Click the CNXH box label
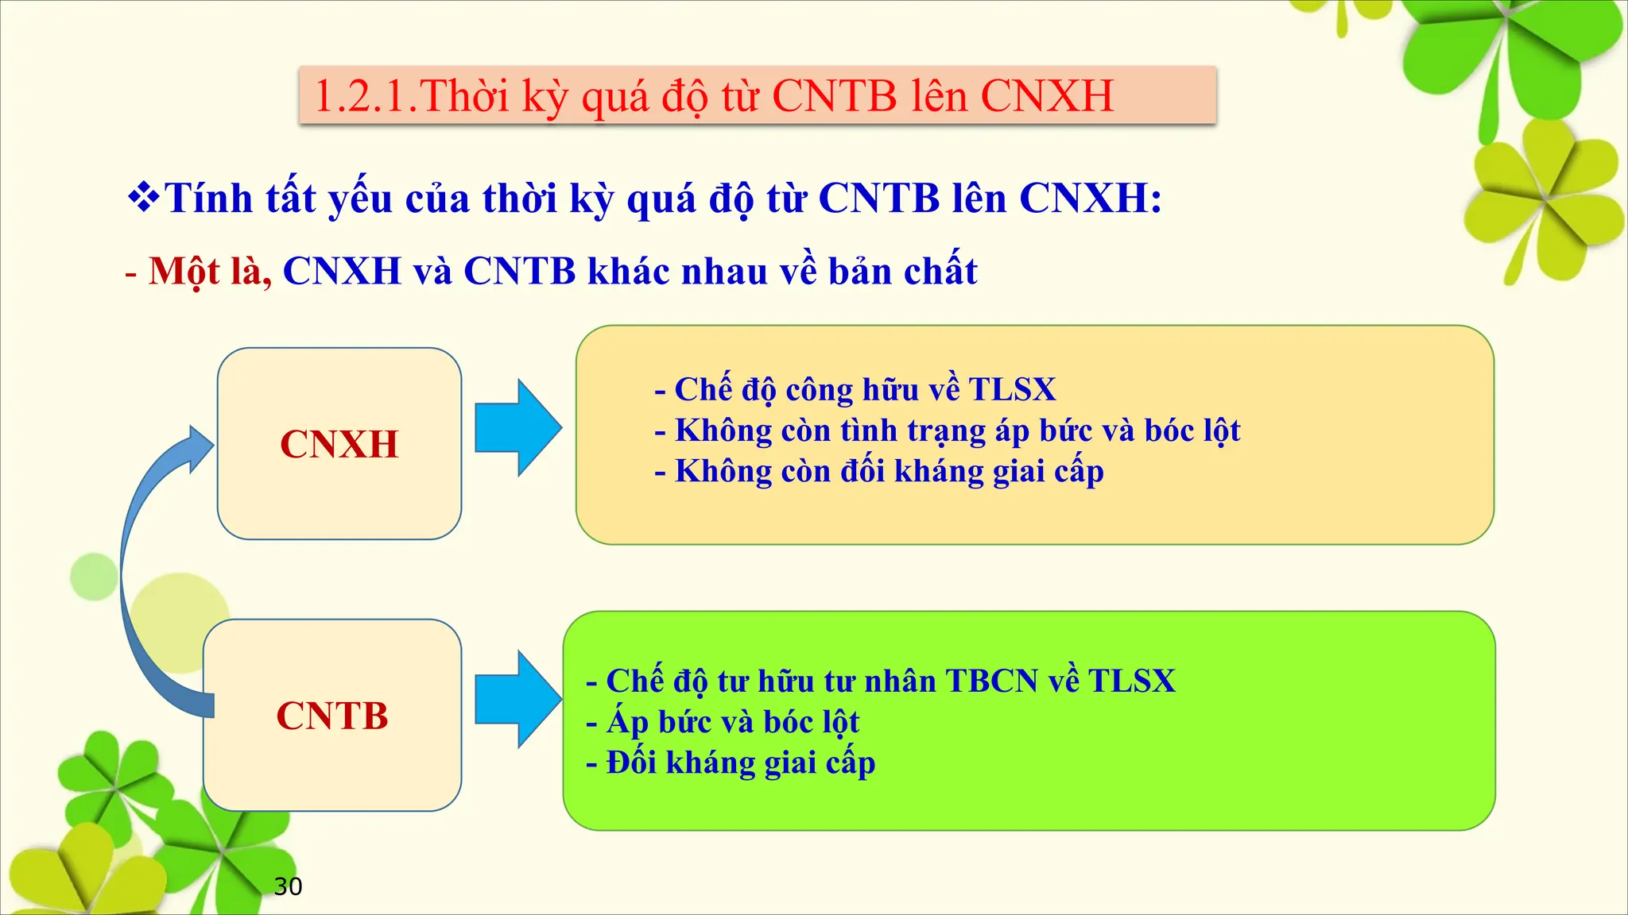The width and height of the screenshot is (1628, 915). [x=339, y=444]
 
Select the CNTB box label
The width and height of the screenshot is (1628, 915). [x=332, y=716]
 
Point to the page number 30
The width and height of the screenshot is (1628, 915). [x=288, y=886]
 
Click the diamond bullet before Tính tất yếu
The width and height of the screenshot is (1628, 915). [x=144, y=198]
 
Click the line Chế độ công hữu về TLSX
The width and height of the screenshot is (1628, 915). [x=855, y=390]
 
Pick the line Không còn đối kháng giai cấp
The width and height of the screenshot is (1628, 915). [x=879, y=472]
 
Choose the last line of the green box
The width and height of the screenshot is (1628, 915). [x=731, y=763]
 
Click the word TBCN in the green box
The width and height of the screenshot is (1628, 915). [x=991, y=681]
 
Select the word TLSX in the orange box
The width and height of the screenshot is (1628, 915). [x=1012, y=390]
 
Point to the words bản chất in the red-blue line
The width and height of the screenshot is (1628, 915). [x=902, y=272]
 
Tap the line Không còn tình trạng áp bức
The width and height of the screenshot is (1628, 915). [x=948, y=431]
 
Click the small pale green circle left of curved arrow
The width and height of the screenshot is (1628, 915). [x=94, y=577]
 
